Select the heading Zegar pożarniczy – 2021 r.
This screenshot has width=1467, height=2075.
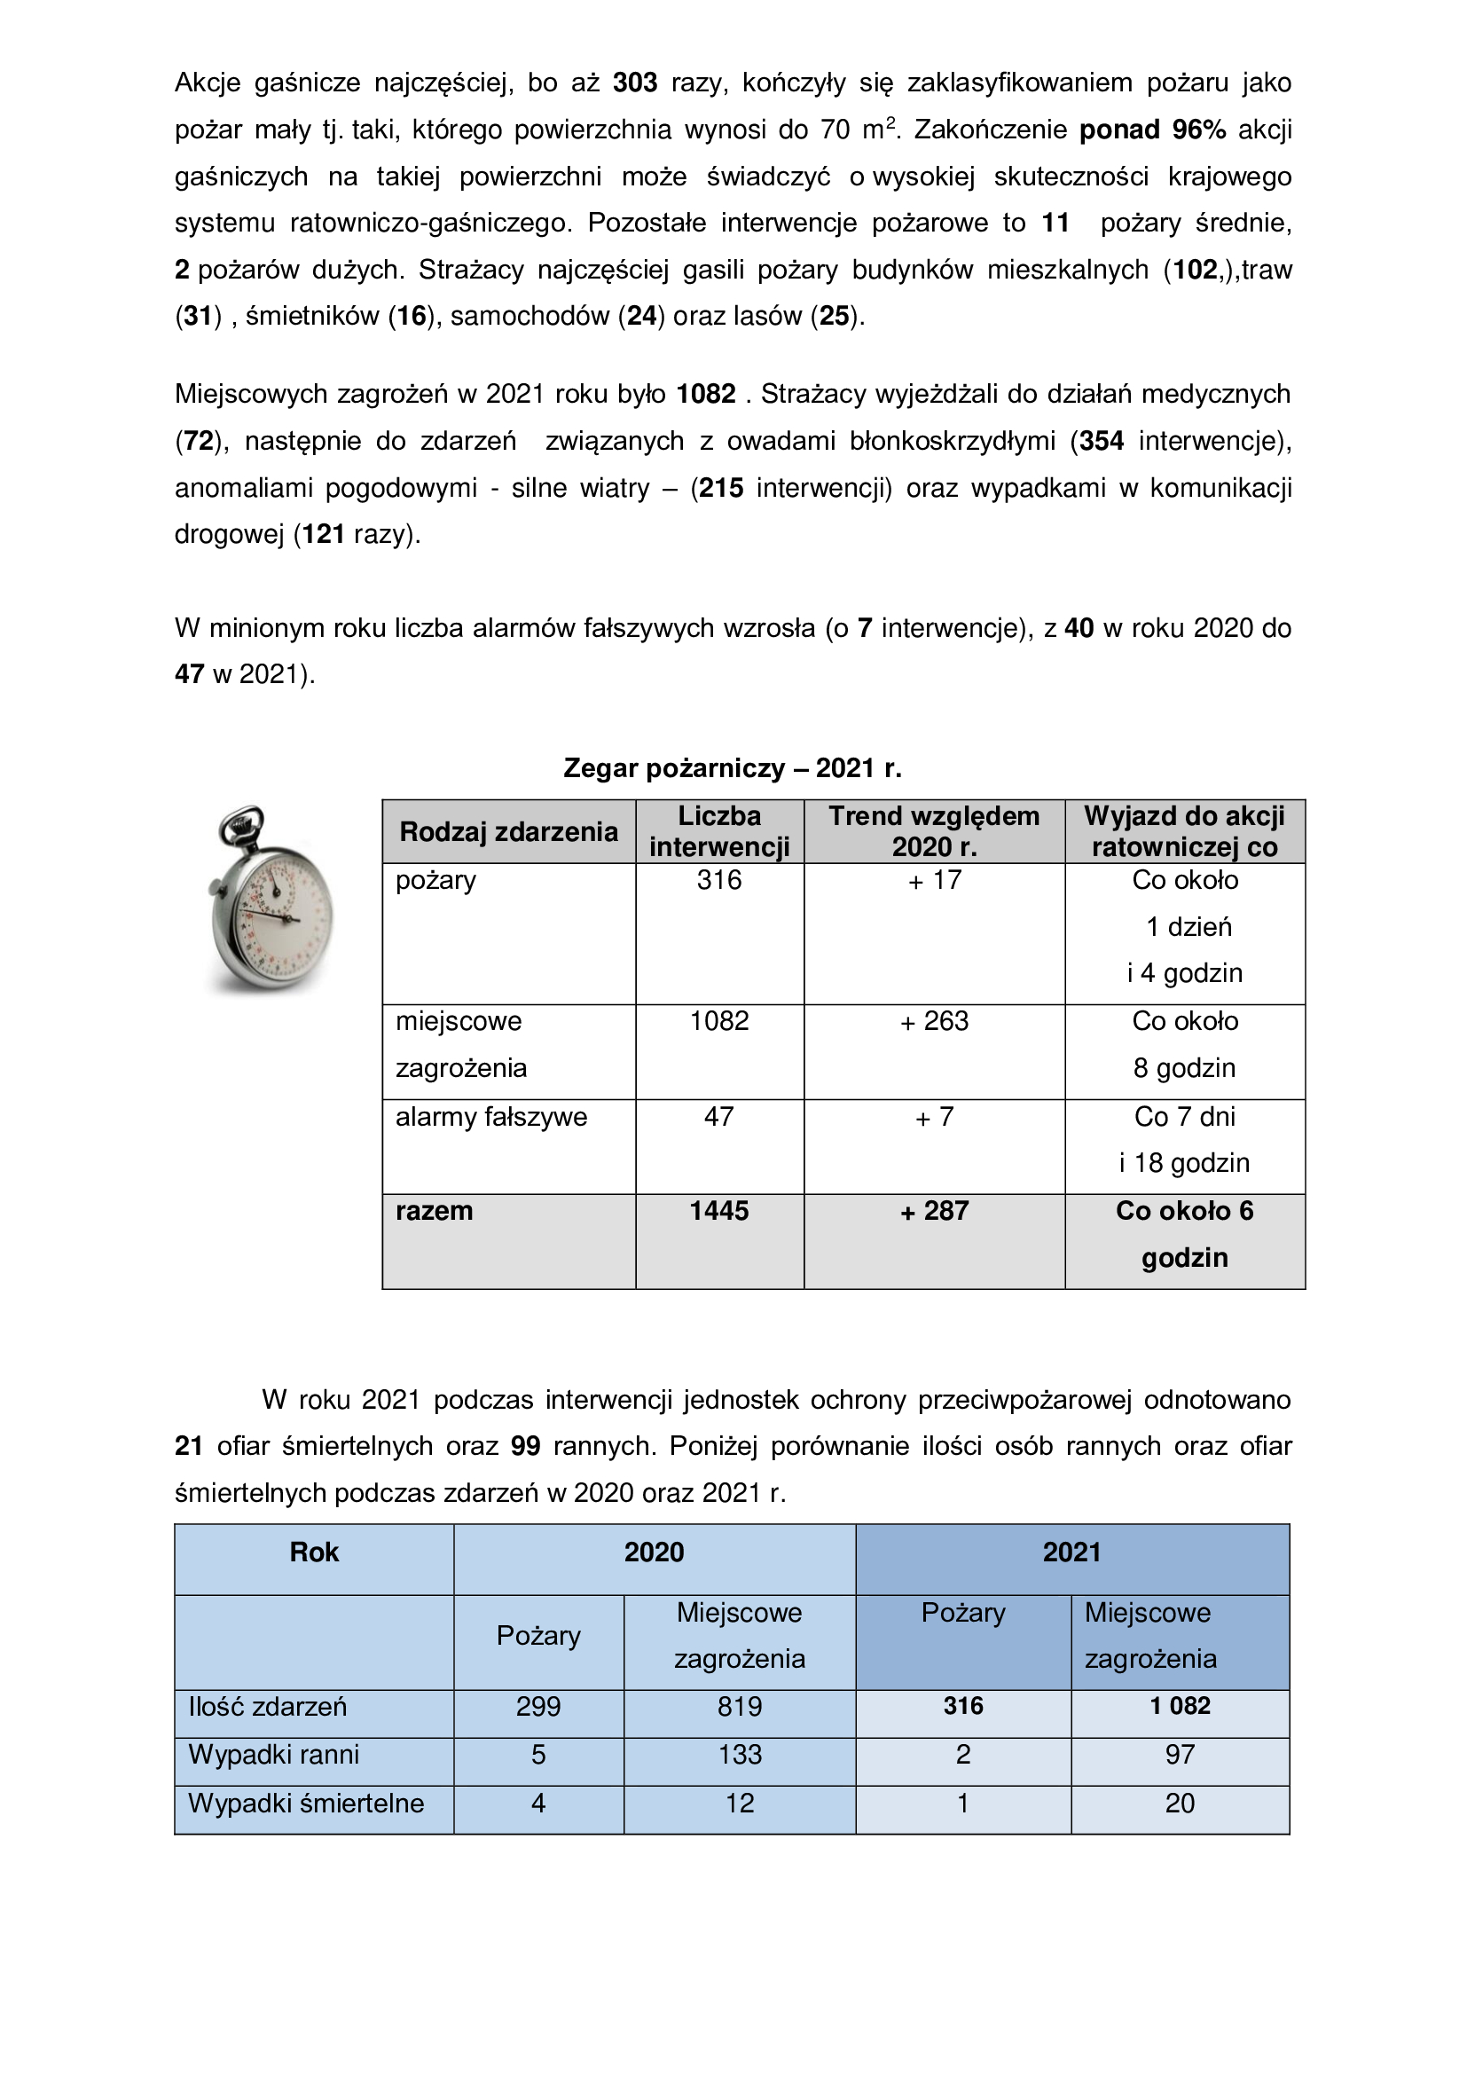click(x=733, y=768)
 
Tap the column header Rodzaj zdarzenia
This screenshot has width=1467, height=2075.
click(x=508, y=831)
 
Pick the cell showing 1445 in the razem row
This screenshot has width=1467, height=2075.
click(x=719, y=1211)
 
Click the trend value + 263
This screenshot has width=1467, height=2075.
click(x=934, y=1021)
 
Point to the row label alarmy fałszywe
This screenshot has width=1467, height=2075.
click(x=491, y=1117)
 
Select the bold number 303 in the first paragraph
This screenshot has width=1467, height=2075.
click(x=635, y=83)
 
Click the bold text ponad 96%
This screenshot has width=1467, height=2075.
click(x=1153, y=130)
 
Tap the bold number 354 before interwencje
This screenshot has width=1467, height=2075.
click(x=1102, y=441)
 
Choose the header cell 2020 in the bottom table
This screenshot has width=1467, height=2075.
click(x=654, y=1552)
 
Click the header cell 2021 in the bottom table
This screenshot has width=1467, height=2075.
click(x=1071, y=1552)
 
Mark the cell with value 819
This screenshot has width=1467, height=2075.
click(x=740, y=1706)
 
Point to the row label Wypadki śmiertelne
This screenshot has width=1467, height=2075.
click(x=306, y=1803)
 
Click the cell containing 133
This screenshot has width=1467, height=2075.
click(x=740, y=1754)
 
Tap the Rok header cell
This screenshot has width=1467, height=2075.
click(x=314, y=1552)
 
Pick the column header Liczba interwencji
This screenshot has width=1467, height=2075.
click(x=719, y=831)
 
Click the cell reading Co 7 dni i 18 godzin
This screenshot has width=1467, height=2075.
click(x=1184, y=1140)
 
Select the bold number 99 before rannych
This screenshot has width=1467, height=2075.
click(x=526, y=1446)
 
